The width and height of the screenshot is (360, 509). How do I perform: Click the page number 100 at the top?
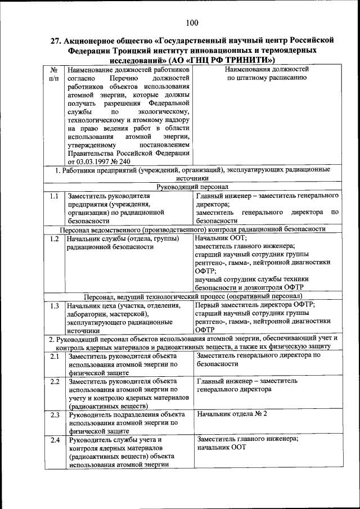(191, 22)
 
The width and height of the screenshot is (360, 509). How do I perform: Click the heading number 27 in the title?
(55, 40)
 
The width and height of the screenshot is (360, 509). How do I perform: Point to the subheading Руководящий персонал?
(191, 186)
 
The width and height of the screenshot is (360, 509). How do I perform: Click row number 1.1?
(54, 196)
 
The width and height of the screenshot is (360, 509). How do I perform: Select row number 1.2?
(54, 238)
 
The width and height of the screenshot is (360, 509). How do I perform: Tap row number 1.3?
(54, 306)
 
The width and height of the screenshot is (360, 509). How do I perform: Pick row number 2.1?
(54, 357)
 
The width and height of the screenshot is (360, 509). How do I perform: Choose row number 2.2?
(54, 382)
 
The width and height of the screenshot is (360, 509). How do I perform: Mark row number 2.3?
(54, 415)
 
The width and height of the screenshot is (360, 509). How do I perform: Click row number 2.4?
(54, 440)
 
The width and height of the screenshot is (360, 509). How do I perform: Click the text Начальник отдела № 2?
(232, 414)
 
